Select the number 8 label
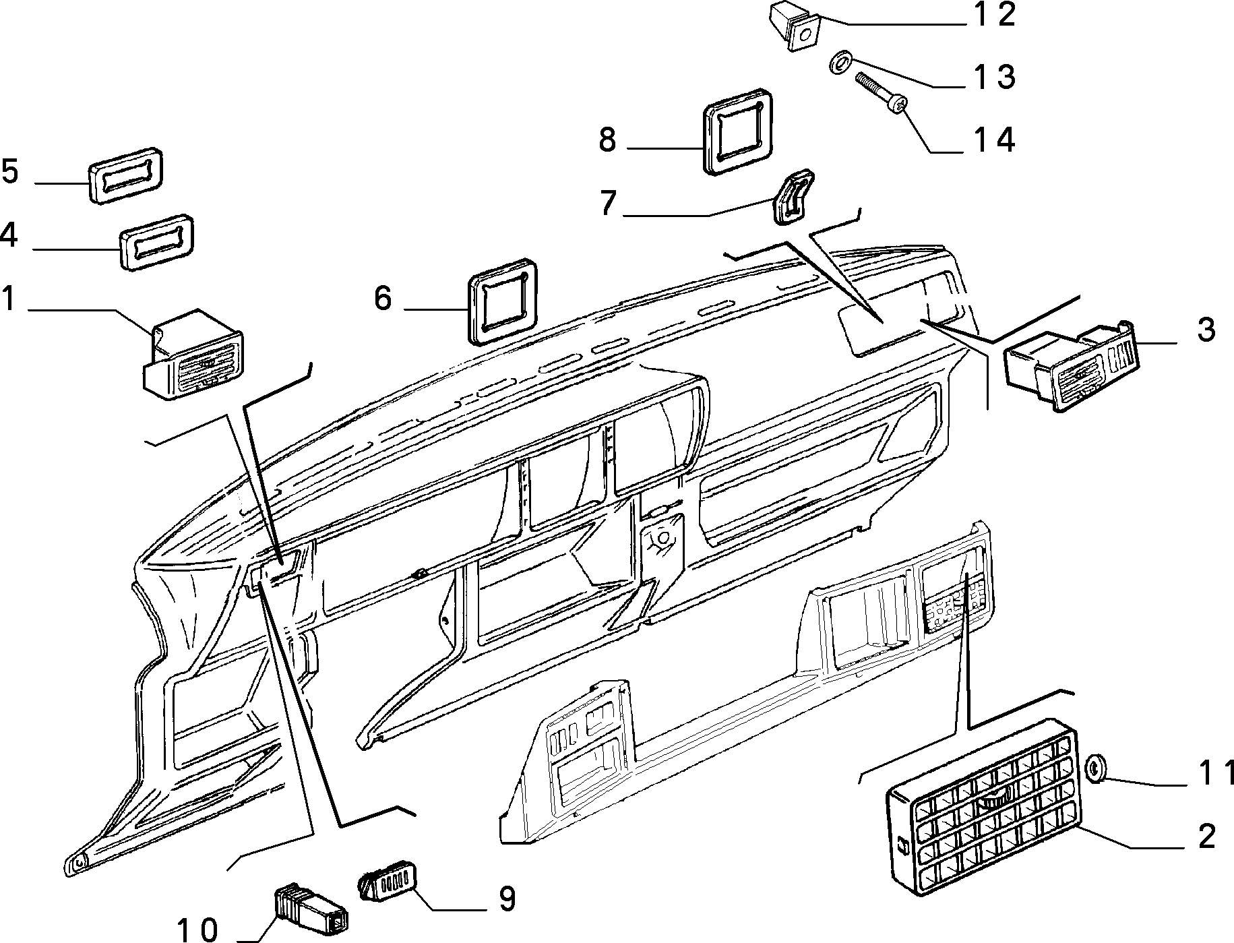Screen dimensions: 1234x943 607,141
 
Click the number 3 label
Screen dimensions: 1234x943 1206,330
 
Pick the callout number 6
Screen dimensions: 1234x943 383,298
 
